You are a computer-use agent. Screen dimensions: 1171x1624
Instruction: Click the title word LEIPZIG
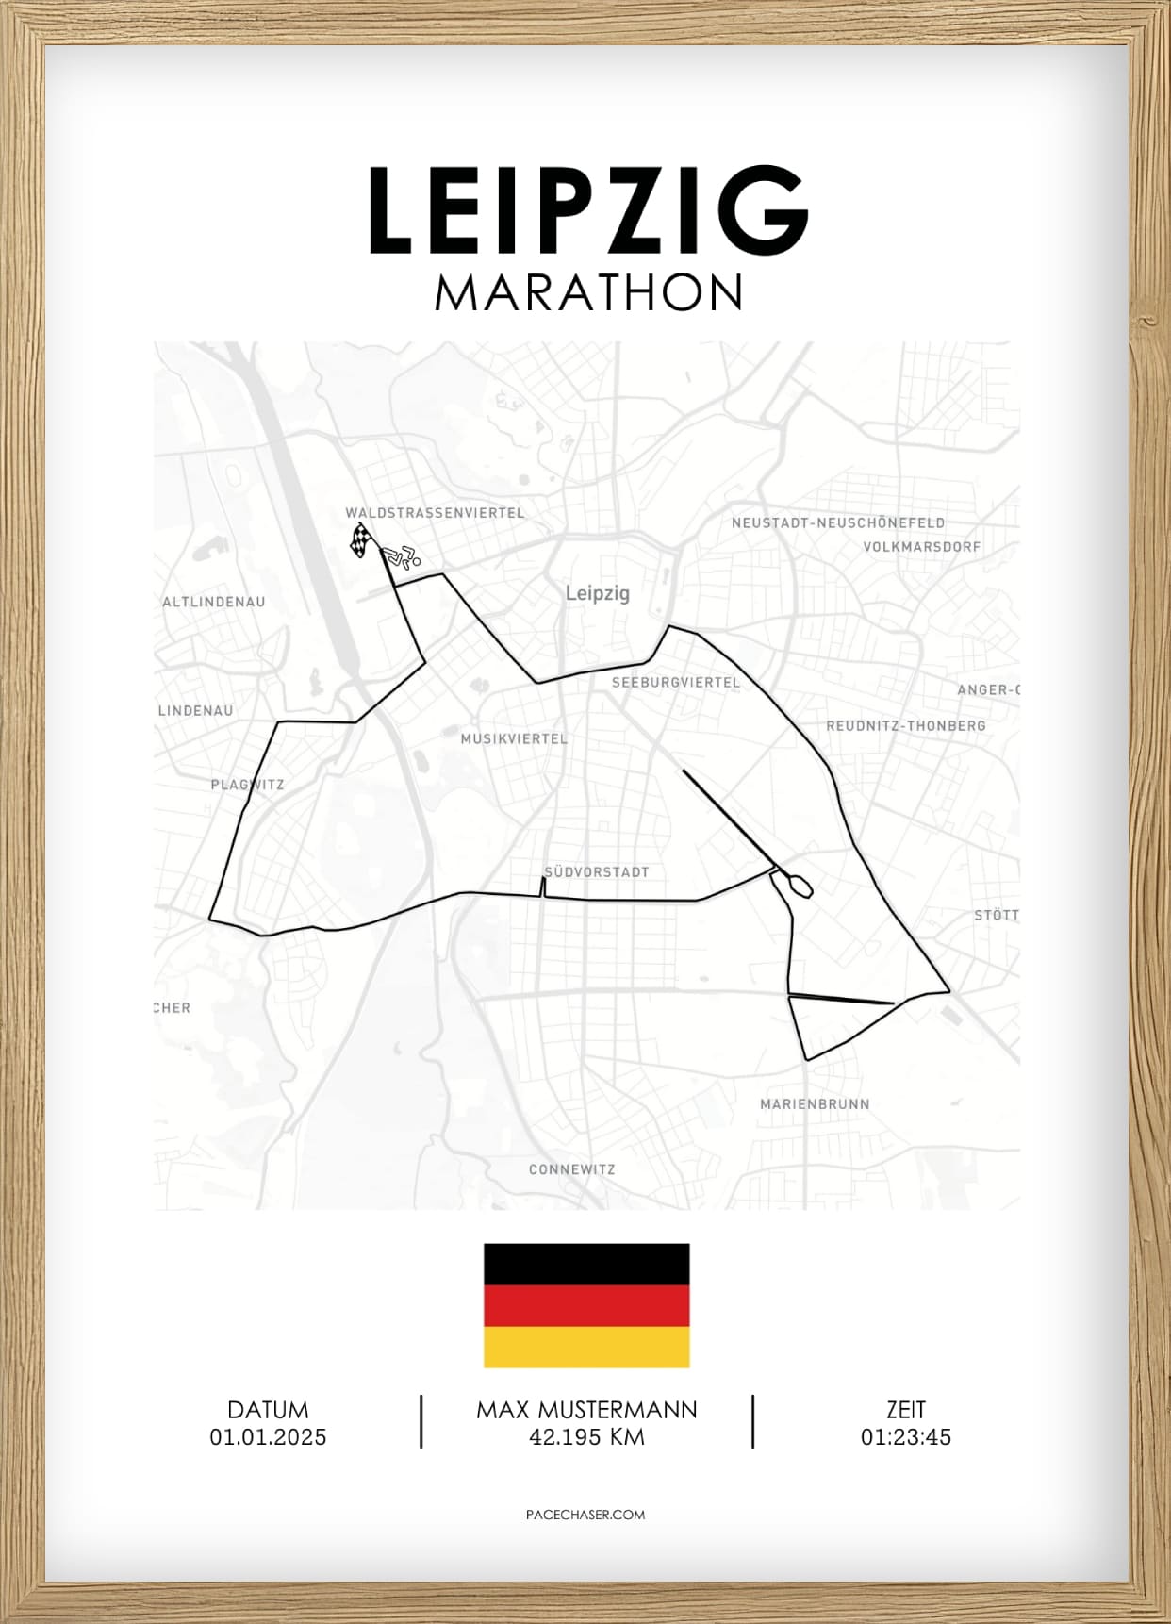pos(588,211)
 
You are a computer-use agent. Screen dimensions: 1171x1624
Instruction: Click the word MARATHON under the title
pos(588,293)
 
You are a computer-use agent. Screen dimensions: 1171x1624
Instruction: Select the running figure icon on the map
pos(404,557)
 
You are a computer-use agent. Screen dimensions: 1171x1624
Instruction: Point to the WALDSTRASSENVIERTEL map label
pos(435,513)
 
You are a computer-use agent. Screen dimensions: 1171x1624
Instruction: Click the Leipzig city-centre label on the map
pos(597,593)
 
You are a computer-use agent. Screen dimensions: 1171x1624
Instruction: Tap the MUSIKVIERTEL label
pos(514,738)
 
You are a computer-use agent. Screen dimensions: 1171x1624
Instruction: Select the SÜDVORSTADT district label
pos(597,872)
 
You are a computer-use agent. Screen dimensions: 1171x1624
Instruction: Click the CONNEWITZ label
pos(571,1169)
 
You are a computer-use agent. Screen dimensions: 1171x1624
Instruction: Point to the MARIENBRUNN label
pos(815,1103)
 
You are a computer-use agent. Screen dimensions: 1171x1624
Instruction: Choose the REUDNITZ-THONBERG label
pos(905,725)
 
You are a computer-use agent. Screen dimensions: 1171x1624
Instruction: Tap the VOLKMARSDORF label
pos(921,546)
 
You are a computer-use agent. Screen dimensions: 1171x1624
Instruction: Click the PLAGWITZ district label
pos(247,785)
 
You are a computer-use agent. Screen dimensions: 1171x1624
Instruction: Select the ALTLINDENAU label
pos(214,602)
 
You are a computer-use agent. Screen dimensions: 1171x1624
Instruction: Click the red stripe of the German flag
pos(586,1306)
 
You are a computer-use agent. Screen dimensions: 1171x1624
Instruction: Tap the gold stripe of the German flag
pos(586,1347)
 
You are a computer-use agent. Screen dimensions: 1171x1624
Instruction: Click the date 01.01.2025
pos(268,1437)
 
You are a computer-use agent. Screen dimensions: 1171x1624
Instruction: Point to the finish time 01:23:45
pos(905,1437)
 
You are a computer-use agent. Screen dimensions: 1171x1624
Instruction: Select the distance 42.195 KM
pos(586,1437)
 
